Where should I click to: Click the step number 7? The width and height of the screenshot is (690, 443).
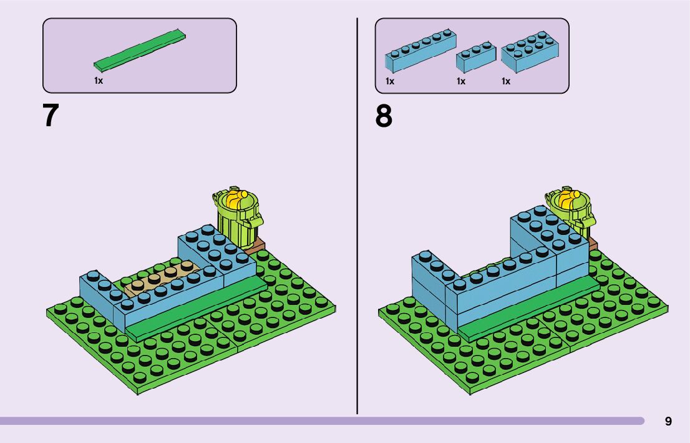click(51, 116)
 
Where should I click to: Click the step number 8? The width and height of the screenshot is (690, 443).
click(384, 116)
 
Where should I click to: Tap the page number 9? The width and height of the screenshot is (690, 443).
click(668, 422)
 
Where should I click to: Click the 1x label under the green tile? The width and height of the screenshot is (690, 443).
click(99, 81)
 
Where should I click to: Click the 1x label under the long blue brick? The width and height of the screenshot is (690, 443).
click(390, 81)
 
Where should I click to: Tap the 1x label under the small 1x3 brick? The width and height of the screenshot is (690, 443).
click(461, 81)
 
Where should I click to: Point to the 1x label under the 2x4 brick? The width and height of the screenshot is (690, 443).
click(506, 81)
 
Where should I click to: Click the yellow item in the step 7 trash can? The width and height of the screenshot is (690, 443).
click(237, 200)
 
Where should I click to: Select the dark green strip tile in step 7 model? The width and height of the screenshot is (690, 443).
click(196, 308)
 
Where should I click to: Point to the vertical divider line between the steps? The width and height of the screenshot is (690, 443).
click(357, 219)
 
